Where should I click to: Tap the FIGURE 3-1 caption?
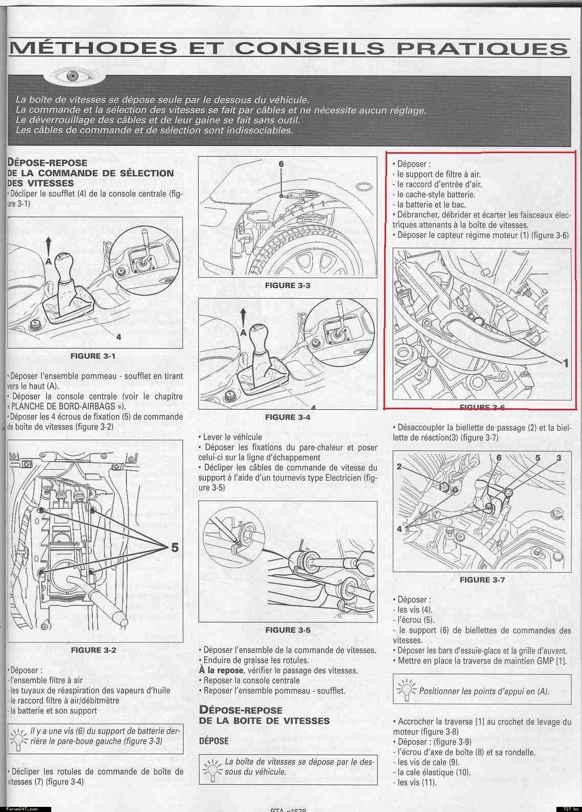(93, 356)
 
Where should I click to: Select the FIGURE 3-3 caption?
(288, 285)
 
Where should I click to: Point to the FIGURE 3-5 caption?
(288, 630)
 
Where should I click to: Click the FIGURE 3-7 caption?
(482, 579)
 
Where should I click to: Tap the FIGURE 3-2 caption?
(93, 650)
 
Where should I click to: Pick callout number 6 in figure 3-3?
(281, 164)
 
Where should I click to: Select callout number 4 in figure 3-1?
(118, 337)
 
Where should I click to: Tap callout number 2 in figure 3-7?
(399, 467)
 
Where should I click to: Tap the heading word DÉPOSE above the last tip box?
(214, 740)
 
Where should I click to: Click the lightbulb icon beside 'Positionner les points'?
(407, 690)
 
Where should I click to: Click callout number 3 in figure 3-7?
(558, 457)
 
